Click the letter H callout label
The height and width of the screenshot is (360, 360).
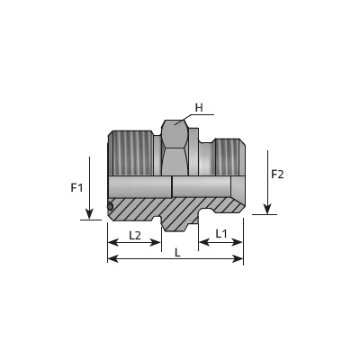(199, 108)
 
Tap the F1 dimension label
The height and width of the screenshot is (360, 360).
(76, 188)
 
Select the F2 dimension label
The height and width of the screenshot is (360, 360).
(277, 175)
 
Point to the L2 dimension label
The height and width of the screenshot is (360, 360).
(135, 236)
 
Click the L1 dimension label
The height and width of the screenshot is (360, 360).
(221, 234)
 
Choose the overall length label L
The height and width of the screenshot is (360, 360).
(177, 253)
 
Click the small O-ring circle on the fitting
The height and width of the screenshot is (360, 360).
(110, 207)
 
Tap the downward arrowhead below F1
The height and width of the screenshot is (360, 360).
(89, 214)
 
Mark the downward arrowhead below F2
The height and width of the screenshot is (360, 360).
(267, 209)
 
